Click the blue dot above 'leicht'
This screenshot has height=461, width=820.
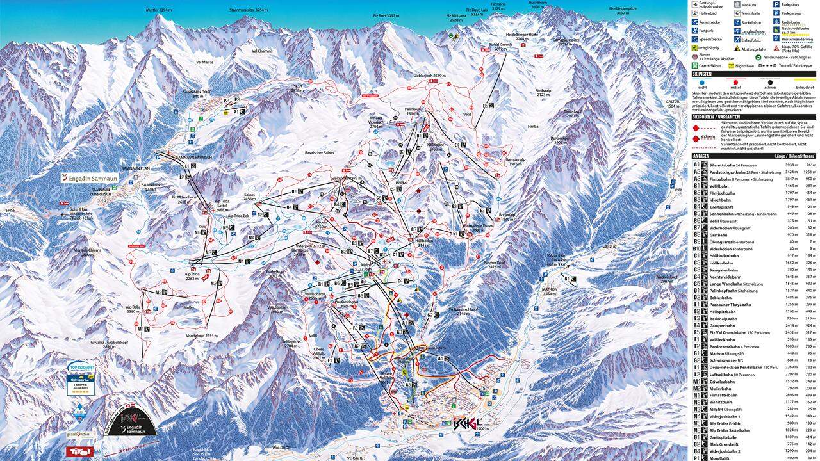coord(703,82)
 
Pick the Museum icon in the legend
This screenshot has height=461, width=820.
coord(737,4)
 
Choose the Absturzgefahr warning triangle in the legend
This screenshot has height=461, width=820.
coord(737,47)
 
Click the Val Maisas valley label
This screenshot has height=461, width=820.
coord(204,62)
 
